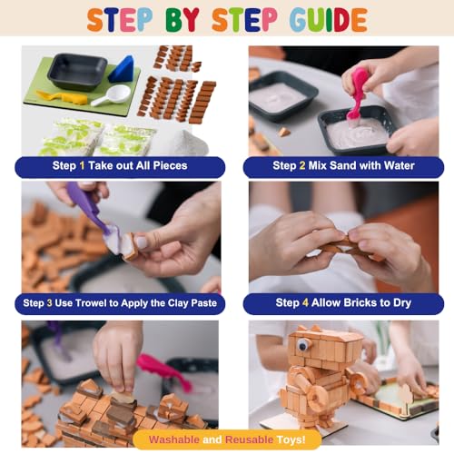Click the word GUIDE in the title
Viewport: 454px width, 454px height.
329,20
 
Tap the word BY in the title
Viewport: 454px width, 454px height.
183,20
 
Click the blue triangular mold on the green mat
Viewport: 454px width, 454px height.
122,69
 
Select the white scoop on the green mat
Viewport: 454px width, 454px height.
111,95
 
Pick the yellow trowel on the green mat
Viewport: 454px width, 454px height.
62,97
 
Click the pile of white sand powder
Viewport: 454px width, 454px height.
188,143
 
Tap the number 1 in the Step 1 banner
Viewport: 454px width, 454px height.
82,165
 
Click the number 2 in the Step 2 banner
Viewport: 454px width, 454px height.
302,165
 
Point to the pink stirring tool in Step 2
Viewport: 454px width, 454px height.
356,94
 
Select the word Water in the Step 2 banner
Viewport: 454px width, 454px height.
399,165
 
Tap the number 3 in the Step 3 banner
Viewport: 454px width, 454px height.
49,303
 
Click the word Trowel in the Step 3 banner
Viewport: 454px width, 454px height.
90,303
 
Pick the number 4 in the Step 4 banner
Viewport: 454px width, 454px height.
305,302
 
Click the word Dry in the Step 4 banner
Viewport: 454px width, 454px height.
402,303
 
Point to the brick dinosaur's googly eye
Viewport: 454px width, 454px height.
301,344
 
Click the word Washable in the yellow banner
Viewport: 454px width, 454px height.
174,439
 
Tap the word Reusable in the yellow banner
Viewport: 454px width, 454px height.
249,439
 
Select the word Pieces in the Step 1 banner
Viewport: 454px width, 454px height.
170,165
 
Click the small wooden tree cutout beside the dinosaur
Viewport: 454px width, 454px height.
406,393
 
